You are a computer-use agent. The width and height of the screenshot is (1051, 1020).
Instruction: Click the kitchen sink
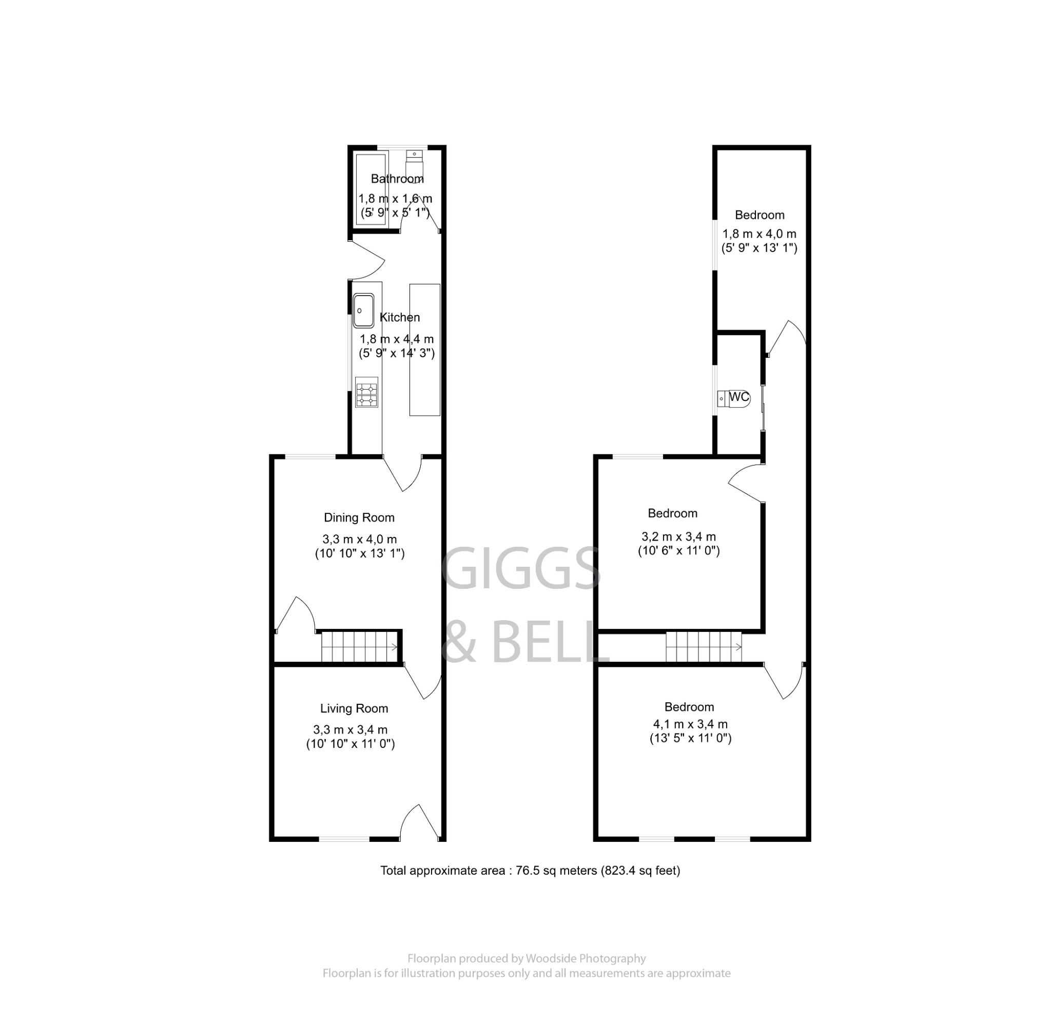363,311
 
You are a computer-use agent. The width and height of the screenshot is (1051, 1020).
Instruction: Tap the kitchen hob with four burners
367,393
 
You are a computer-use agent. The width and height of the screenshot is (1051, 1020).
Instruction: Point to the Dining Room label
359,517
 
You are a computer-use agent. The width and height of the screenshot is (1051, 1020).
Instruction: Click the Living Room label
354,708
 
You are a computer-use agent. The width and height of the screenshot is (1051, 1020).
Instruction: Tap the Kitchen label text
399,317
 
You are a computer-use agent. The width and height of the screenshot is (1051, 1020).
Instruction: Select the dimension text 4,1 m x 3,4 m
690,724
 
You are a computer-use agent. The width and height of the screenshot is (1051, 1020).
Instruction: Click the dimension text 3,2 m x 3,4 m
678,536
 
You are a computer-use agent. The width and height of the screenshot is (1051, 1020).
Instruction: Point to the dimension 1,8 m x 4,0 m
760,234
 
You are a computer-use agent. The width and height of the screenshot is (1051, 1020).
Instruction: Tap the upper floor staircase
704,646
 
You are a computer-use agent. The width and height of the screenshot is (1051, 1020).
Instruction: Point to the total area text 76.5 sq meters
530,871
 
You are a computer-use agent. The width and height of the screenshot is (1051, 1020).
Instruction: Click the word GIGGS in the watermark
520,568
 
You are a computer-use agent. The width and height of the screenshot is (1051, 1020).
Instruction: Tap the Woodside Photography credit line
526,958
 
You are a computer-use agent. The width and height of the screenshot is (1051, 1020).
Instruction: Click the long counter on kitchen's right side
425,350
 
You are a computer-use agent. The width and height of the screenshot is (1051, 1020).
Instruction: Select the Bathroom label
397,179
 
